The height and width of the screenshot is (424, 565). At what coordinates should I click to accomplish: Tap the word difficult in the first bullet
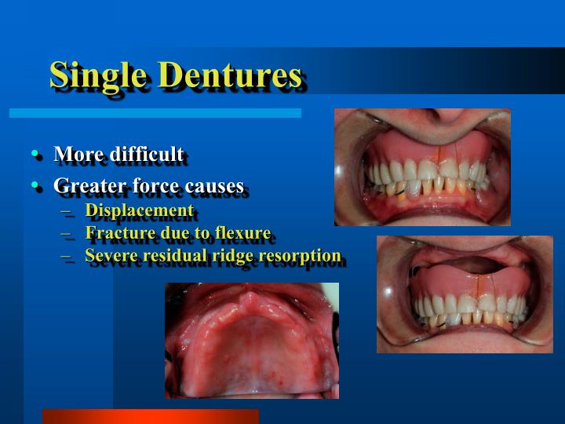coord(147,154)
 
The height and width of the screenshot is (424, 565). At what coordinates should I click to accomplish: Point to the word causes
coord(214,186)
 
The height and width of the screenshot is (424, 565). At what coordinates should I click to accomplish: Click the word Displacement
coord(139,210)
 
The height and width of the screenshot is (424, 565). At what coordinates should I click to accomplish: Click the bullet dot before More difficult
coord(36,154)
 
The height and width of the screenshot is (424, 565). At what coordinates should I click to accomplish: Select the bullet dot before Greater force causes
coord(36,186)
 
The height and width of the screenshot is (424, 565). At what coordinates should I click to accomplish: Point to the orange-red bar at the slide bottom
coord(150,416)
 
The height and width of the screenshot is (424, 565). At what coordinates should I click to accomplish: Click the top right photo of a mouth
coord(422,166)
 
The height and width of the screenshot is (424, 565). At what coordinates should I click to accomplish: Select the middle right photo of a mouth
coord(465,294)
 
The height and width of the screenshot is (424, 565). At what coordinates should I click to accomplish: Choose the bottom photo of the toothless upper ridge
coord(251,340)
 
